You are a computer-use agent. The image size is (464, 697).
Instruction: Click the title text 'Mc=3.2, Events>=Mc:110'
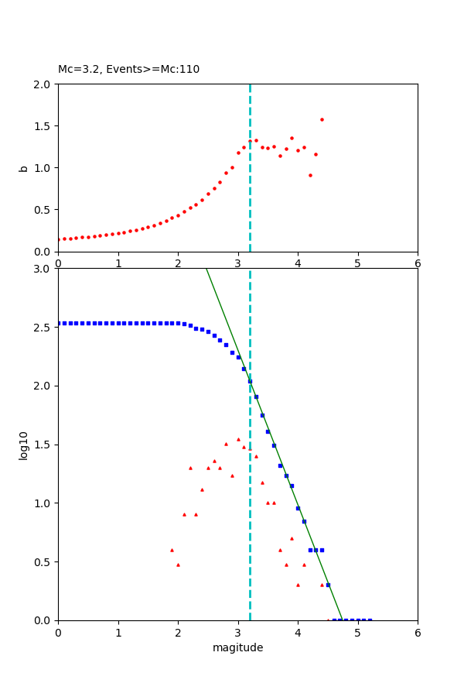[x=128, y=70]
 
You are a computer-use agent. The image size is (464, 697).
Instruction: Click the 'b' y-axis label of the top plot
[x=24, y=168]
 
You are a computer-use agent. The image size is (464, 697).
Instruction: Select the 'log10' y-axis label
[x=24, y=445]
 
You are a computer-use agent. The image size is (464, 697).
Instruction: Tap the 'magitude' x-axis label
[x=237, y=648]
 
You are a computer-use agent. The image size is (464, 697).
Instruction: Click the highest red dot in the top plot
[x=322, y=119]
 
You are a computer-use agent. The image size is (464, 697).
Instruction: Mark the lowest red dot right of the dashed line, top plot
[x=310, y=175]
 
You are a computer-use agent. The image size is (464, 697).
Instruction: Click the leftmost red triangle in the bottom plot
[x=172, y=550]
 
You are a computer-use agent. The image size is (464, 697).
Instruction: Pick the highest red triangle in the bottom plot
[x=238, y=439]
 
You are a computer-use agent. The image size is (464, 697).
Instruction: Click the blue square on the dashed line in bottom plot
[x=250, y=381]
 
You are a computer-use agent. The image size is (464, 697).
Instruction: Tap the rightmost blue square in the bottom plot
[x=370, y=620]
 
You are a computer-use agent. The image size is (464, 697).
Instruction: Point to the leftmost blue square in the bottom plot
[x=59, y=323]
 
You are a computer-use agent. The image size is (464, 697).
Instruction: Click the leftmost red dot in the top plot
[x=59, y=239]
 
